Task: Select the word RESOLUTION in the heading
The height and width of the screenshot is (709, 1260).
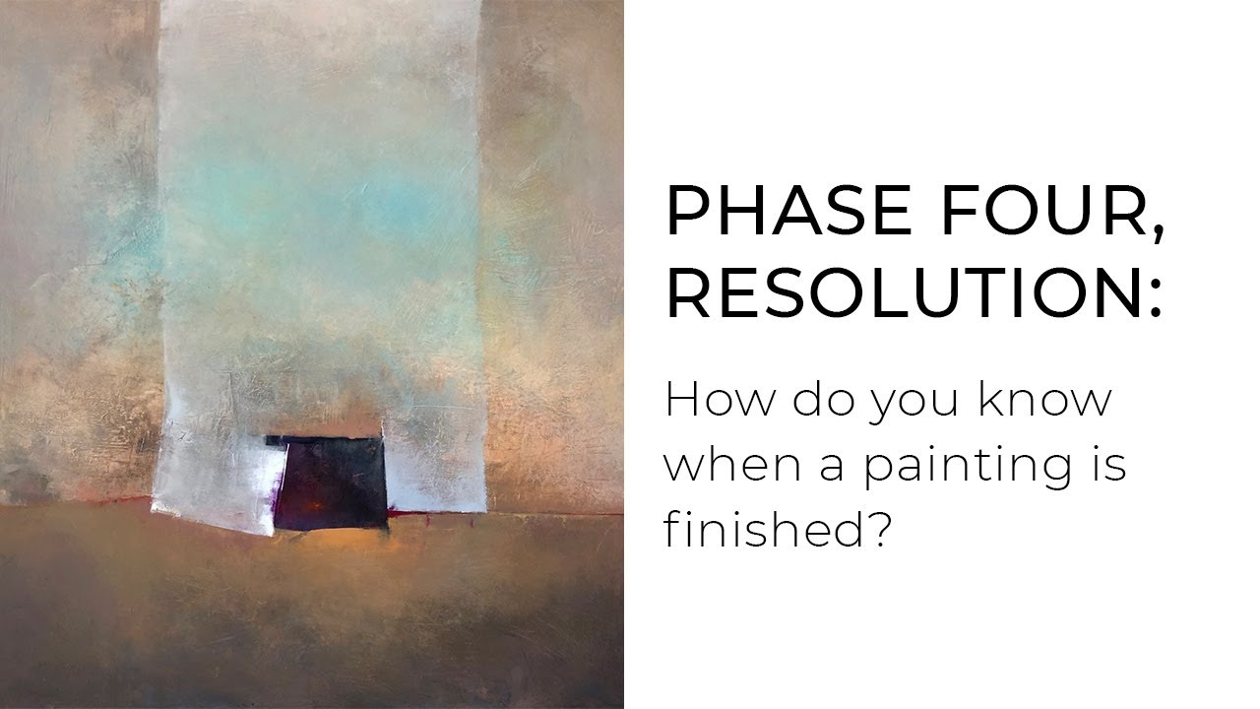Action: [894, 294]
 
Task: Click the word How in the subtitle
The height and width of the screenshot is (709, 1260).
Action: [710, 400]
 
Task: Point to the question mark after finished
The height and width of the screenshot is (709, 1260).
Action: [878, 529]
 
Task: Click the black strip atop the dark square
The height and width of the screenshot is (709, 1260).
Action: [325, 440]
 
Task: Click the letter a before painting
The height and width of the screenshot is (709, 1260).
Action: [833, 467]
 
